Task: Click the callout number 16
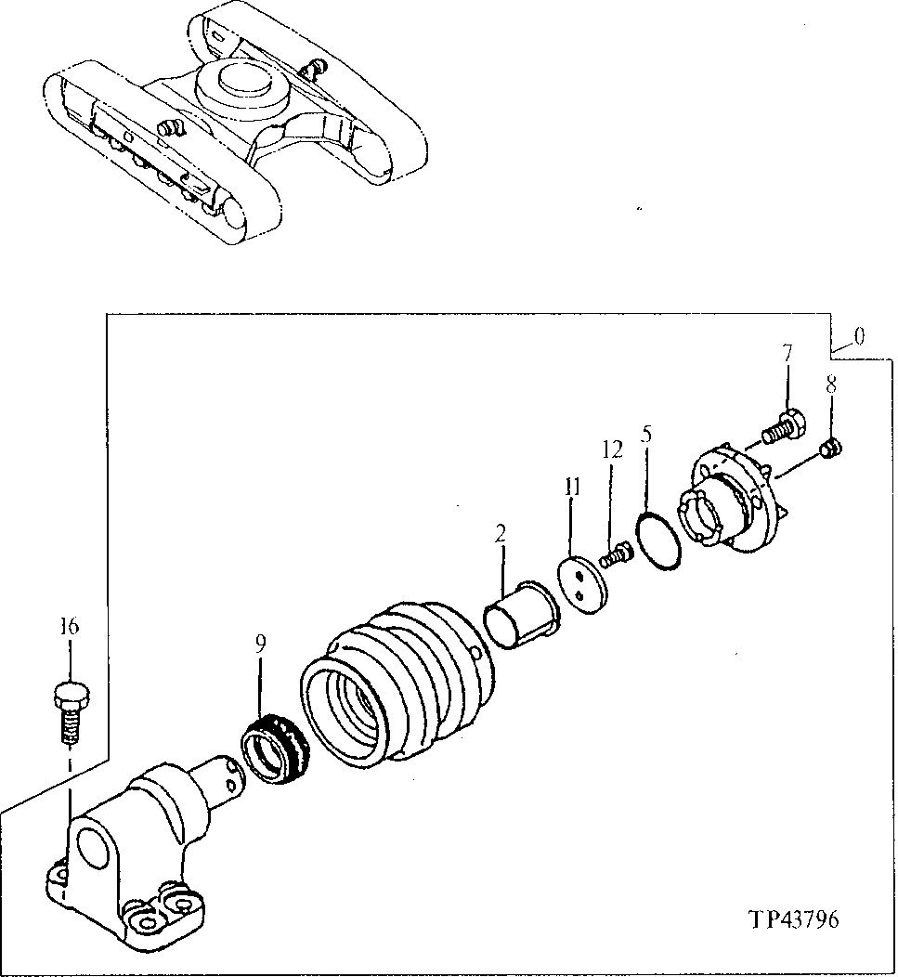pos(71,628)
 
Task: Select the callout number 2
pos(501,533)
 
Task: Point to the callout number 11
pos(572,487)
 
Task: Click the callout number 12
pos(611,450)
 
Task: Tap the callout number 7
pos(787,353)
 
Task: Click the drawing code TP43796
pos(793,920)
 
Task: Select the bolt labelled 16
pos(71,710)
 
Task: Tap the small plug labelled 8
pos(832,449)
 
